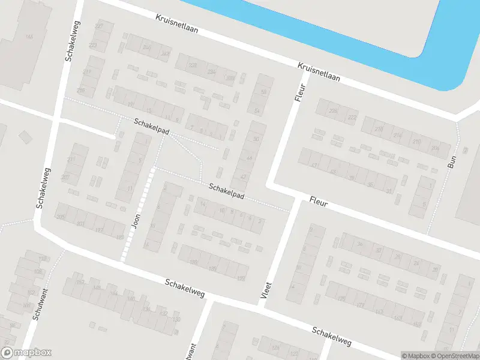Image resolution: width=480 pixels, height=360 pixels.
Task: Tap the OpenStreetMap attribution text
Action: click(x=455, y=356)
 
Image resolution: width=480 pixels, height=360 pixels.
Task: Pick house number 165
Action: click(x=29, y=37)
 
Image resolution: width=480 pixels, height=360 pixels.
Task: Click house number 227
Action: click(x=100, y=27)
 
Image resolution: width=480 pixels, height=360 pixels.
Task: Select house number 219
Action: click(x=88, y=72)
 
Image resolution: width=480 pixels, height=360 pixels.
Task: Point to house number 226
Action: click(x=334, y=111)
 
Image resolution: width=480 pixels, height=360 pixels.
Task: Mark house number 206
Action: click(x=435, y=148)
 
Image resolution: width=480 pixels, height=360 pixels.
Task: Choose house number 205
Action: click(x=60, y=217)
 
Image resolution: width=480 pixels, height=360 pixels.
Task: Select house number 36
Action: click(x=360, y=244)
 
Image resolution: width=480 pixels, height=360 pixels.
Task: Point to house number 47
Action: click(x=314, y=165)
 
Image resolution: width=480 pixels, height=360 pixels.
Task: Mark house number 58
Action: click(x=264, y=92)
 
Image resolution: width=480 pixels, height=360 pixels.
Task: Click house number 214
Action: click(x=398, y=135)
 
